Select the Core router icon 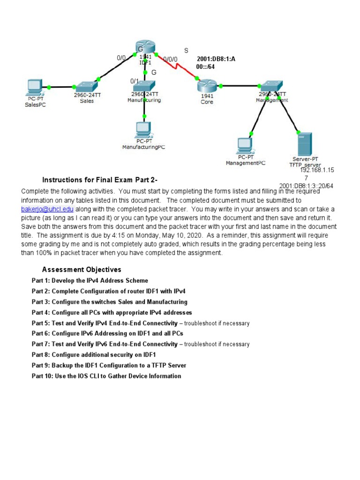coord(207,86)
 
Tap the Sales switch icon coord(87,86)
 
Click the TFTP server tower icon coord(304,144)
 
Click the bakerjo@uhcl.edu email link coord(47,209)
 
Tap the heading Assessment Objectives coord(82,270)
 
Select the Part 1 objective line coord(90,281)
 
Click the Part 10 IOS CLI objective coord(106,376)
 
